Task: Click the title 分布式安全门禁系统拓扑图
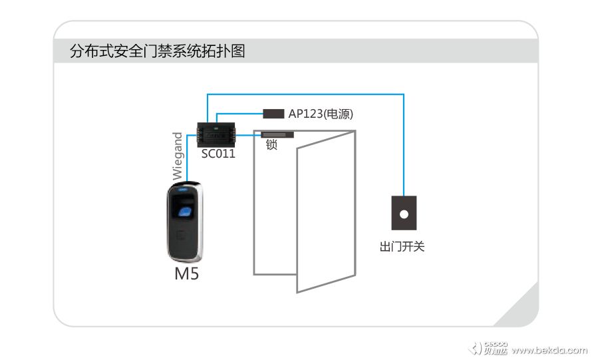(x=157, y=51)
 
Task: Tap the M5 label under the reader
(x=186, y=274)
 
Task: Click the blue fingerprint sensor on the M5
(x=184, y=211)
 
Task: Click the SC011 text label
(x=218, y=154)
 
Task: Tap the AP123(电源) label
(x=320, y=114)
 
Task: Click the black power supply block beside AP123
(x=273, y=113)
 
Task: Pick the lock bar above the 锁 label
(x=277, y=134)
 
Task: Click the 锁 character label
(x=271, y=145)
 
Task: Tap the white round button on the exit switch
(x=403, y=215)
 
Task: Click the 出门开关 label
(x=402, y=247)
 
